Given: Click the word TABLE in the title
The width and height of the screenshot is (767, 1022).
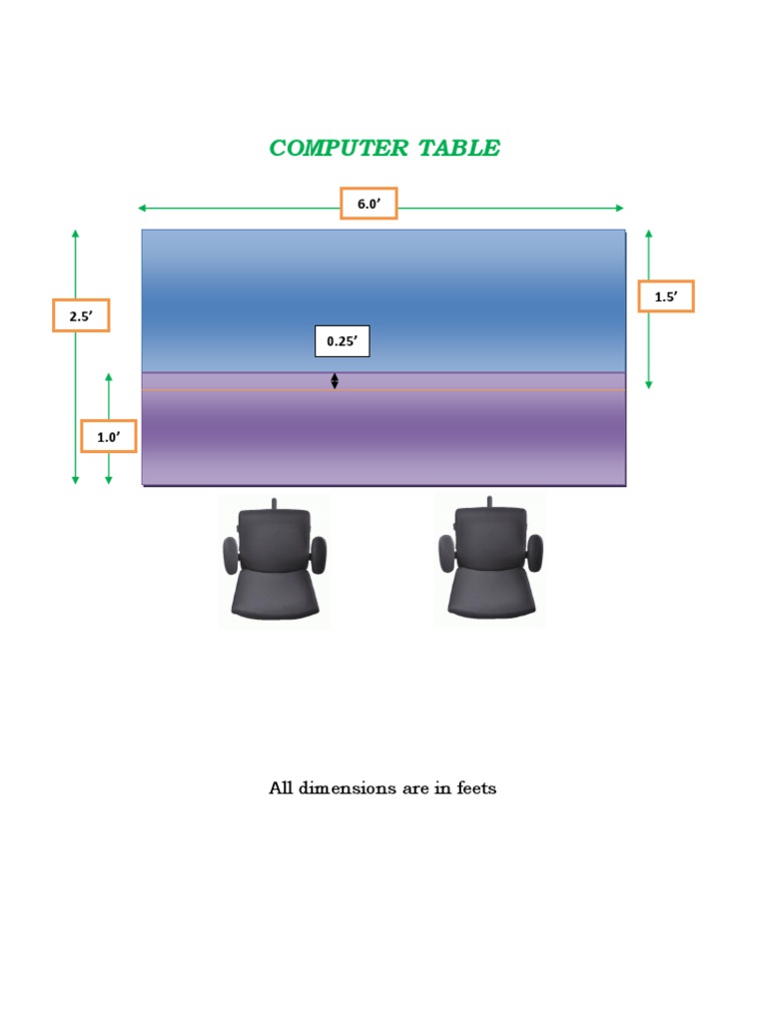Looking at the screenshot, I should [459, 149].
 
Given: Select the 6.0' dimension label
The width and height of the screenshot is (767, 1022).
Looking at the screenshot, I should [369, 204].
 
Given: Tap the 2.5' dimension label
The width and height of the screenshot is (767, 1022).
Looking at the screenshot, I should [80, 315].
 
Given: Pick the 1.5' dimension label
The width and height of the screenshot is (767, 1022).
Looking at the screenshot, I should [665, 296].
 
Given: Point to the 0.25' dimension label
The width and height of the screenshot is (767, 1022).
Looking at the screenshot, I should [342, 340].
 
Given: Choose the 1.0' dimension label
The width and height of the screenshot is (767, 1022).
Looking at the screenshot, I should [108, 436].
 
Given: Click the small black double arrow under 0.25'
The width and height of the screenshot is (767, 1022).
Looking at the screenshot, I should [335, 380].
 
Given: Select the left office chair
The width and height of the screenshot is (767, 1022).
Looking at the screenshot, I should [274, 562].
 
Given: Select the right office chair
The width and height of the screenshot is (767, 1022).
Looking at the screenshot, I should [489, 562].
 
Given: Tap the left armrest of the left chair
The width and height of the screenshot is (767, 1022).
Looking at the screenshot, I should [231, 554].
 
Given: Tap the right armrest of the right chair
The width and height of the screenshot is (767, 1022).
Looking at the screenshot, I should [534, 553].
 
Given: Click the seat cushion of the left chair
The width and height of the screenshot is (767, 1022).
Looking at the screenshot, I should [274, 596].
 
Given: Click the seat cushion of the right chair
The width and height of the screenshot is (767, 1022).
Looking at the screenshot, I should [489, 596].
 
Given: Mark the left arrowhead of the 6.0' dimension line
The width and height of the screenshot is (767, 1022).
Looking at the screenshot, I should [142, 208].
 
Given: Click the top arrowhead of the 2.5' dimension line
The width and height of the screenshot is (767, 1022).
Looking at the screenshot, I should [75, 234].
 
